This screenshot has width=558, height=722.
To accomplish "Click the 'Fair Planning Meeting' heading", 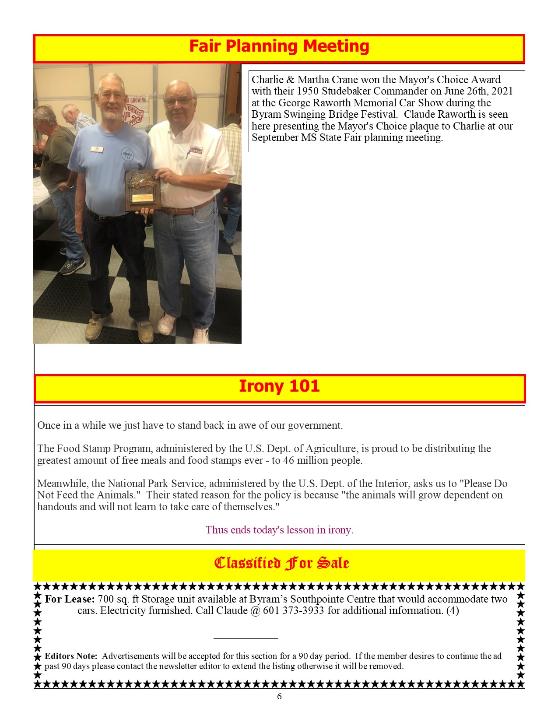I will point(279,46).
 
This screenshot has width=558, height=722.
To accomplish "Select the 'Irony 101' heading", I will point(279,386).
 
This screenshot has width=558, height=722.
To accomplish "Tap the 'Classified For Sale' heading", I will point(281,563).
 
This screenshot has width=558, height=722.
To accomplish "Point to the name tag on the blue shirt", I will point(96,149).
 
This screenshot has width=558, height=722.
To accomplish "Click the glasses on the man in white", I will point(179,102).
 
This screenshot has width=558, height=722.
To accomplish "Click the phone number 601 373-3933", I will point(294,611).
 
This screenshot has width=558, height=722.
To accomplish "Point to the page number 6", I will point(279,697).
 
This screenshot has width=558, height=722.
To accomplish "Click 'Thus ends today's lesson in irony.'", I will point(279,530).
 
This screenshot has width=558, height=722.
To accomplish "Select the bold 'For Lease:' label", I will point(70,599).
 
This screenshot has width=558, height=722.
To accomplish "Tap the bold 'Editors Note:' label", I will point(71,656).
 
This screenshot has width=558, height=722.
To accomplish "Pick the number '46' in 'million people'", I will point(289,460).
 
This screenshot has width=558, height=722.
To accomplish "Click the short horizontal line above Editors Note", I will point(246,638).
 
